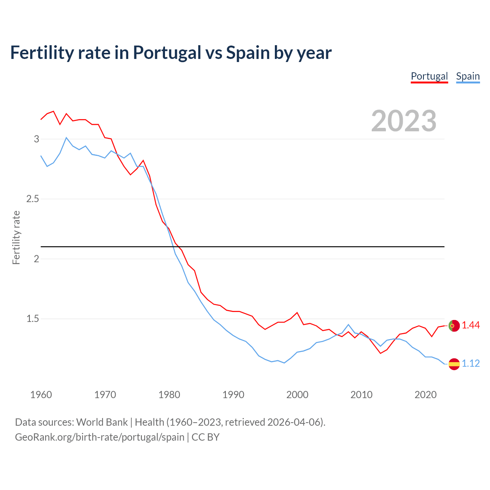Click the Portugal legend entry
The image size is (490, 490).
pos(429,76)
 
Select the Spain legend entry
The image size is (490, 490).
pos(468,76)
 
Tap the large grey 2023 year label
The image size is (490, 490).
pos(404,121)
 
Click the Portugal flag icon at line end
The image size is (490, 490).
pos(454,325)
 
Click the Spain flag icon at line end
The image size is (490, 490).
pos(454,364)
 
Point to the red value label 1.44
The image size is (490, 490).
pos(470,325)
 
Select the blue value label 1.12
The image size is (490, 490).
pos(470,363)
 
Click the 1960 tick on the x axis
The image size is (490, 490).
pos(41,395)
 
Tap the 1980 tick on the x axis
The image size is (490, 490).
pos(169,395)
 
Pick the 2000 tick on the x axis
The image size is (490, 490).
pos(297,395)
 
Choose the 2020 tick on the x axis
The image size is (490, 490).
pos(425,395)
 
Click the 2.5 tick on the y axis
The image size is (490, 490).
pos(33,199)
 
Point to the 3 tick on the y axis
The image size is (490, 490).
pos(36,139)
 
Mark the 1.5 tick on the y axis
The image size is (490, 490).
pos(33,319)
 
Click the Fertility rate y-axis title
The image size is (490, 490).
pos(16,237)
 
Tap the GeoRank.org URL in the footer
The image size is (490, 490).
pos(100,437)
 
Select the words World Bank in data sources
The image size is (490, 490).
pos(102,422)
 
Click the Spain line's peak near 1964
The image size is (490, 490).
pos(66,137)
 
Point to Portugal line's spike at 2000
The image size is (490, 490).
pos(297,313)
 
